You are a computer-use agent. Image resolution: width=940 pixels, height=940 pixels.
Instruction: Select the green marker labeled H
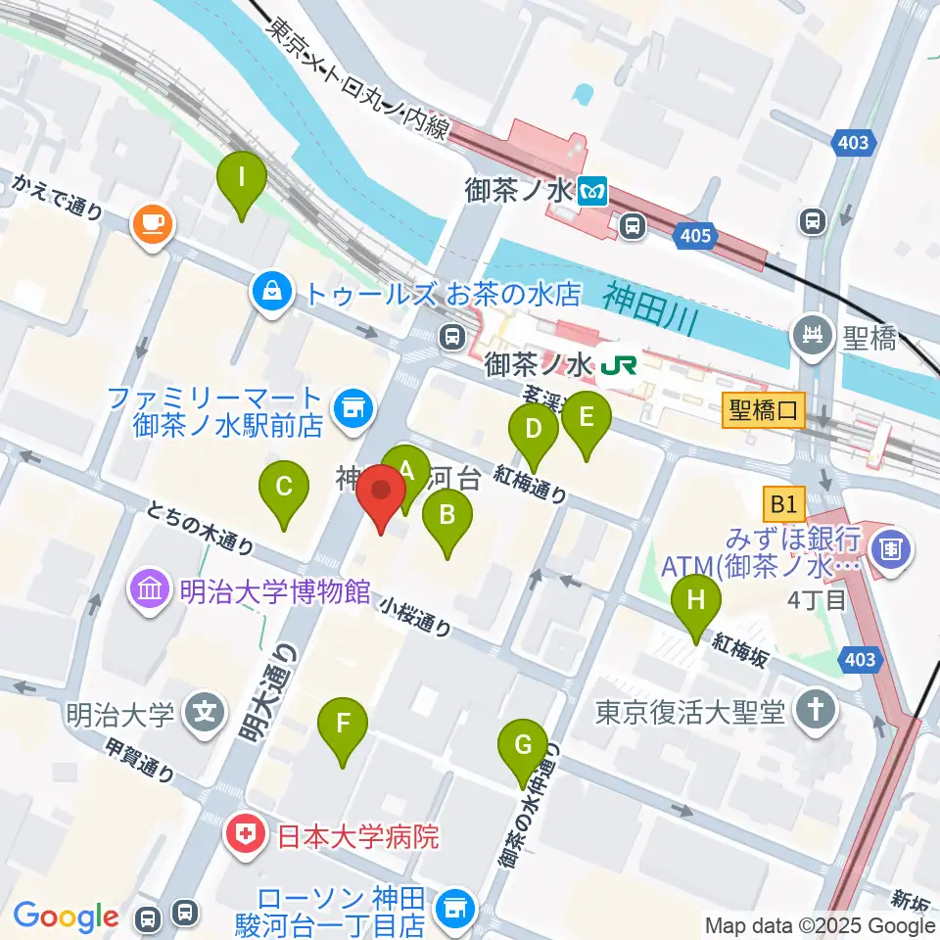(x=695, y=599)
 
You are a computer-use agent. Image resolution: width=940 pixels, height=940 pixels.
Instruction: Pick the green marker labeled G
(x=523, y=746)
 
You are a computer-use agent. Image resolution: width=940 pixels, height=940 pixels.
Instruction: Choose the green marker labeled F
(x=343, y=725)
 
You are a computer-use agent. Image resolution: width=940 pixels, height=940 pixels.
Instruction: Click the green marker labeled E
(x=587, y=418)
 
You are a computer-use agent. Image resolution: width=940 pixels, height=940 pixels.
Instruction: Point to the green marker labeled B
(x=446, y=514)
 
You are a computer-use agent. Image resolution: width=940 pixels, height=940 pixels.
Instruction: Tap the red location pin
(x=381, y=492)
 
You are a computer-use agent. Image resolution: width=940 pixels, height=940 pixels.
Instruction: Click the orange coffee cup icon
(x=152, y=224)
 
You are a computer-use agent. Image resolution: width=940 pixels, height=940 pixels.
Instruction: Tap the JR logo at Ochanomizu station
(x=621, y=366)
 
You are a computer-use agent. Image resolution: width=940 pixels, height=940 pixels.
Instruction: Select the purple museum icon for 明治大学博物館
(x=151, y=590)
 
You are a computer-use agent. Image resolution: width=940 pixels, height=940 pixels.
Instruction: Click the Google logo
(x=66, y=917)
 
